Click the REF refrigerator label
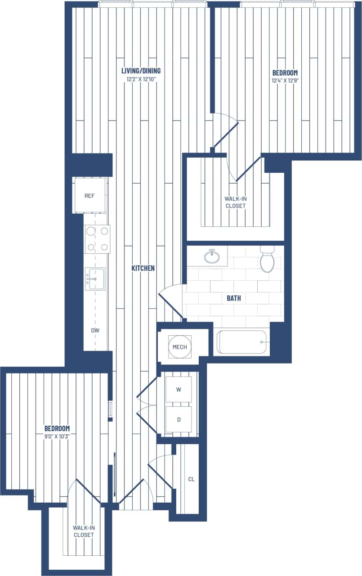[x=89, y=196]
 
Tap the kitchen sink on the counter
[x=94, y=279]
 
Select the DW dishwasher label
[x=95, y=330]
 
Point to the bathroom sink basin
[x=212, y=257]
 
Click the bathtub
[x=242, y=342]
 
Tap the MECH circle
[x=179, y=347]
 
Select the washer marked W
[x=179, y=390]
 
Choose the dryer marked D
[x=179, y=420]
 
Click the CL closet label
[x=191, y=479]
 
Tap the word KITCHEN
[x=143, y=268]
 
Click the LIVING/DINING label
[x=141, y=71]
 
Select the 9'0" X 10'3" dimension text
[x=57, y=436]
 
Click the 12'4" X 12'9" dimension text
[x=285, y=81]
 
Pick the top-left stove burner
[x=91, y=231]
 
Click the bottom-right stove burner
[x=104, y=247]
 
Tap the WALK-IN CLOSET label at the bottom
[x=84, y=531]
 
